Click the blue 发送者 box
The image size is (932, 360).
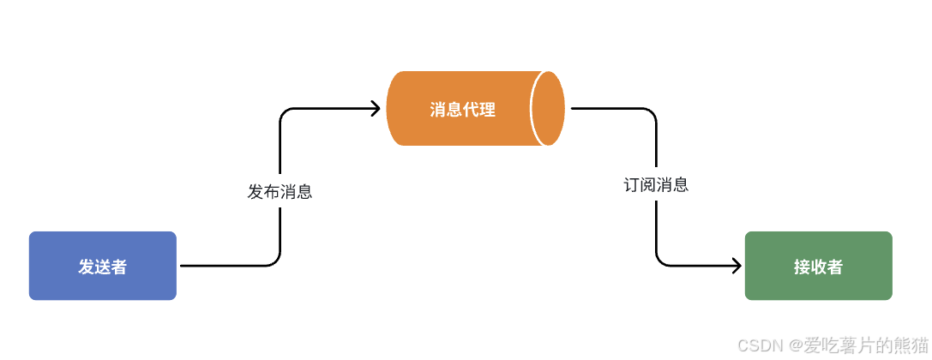(103, 266)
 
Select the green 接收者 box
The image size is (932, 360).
(818, 266)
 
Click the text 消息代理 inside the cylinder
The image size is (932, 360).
(463, 110)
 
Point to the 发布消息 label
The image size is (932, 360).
(280, 191)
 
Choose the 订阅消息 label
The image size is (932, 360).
(656, 184)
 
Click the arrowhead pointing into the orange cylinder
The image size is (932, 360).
(376, 108)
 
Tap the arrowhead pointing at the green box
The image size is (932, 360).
(736, 266)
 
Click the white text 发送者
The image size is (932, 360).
(103, 267)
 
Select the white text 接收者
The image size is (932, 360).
(818, 267)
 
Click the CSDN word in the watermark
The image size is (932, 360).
(756, 345)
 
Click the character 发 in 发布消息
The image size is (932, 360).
(256, 192)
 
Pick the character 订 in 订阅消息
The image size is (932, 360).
(632, 184)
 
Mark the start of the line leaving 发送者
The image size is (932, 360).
(183, 266)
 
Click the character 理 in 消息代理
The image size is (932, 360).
(488, 110)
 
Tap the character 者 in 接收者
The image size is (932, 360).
(834, 267)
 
